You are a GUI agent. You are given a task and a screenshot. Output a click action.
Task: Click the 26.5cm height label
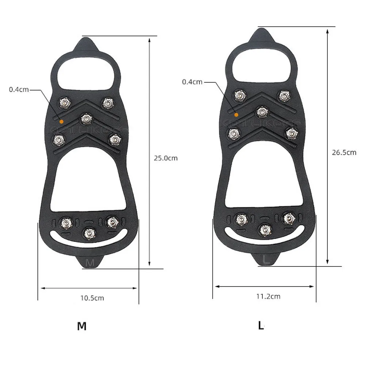click(344, 152)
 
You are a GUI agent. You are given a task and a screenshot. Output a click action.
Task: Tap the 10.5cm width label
click(92, 298)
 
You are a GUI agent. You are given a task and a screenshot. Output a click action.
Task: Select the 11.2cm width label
click(269, 296)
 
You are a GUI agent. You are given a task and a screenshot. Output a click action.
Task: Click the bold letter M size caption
click(82, 326)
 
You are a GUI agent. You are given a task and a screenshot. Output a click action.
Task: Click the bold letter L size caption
click(261, 325)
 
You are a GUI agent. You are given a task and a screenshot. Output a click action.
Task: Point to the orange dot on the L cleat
click(236, 115)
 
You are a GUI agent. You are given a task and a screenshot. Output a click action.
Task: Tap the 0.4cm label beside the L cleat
click(192, 82)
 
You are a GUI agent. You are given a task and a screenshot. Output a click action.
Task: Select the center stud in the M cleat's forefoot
click(86, 118)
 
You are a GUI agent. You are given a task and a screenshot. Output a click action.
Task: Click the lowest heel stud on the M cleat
click(88, 232)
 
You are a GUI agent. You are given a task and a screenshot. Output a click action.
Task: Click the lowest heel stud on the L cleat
click(264, 230)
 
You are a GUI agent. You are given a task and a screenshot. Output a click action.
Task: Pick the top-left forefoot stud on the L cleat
click(240, 96)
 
